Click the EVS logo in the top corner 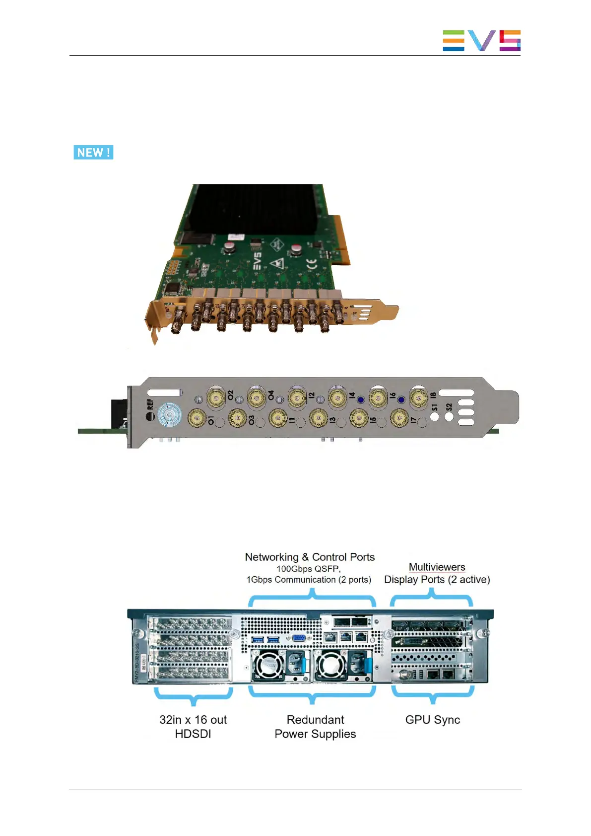[481, 41]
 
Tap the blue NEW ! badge [93, 152]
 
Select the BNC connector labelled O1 [197, 418]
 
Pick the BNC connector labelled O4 [257, 397]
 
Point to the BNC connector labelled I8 [419, 397]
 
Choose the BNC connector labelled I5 [359, 418]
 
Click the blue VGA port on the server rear [299, 639]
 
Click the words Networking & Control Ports [310, 557]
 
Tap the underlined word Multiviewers [437, 567]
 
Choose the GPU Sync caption [432, 720]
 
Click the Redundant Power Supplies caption [315, 727]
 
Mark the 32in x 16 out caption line [193, 720]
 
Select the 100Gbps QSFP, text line [308, 569]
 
